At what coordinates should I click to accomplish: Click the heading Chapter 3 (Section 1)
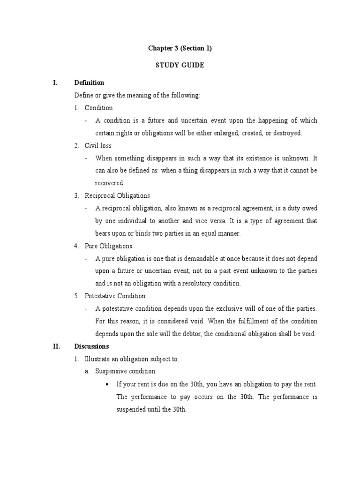(180, 48)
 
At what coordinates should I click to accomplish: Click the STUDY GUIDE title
(180, 66)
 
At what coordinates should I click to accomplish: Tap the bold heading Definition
(89, 83)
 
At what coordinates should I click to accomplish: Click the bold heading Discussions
(91, 346)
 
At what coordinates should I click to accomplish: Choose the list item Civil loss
(98, 146)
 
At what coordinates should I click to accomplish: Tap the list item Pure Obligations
(108, 246)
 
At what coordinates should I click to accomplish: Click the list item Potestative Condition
(115, 296)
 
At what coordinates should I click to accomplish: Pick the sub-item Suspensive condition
(125, 371)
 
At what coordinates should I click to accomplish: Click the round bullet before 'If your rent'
(108, 384)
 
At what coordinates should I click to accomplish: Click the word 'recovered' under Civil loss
(109, 183)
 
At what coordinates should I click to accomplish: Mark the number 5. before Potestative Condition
(76, 296)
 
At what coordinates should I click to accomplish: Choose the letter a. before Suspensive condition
(87, 371)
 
